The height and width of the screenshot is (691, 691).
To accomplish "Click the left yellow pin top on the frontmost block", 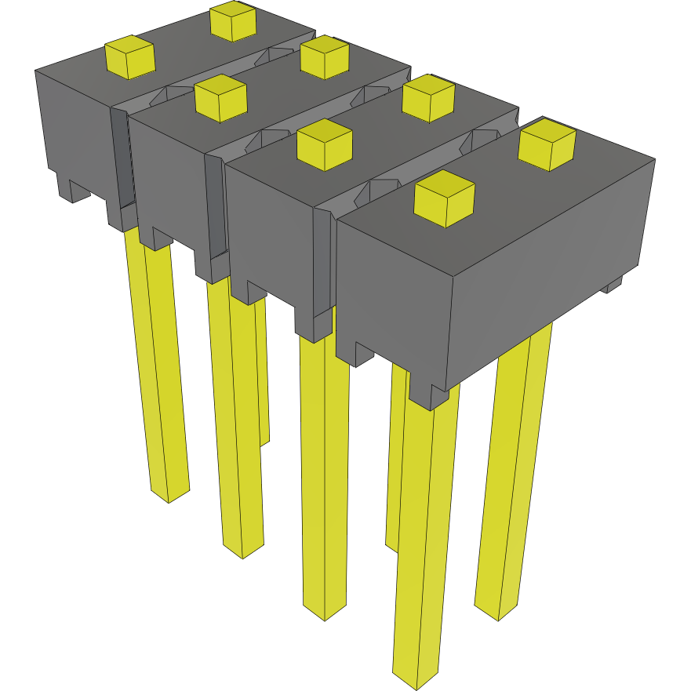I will point(445,198).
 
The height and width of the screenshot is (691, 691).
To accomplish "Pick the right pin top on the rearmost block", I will point(234,20).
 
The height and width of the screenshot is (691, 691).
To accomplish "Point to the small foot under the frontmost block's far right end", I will point(613,285).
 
